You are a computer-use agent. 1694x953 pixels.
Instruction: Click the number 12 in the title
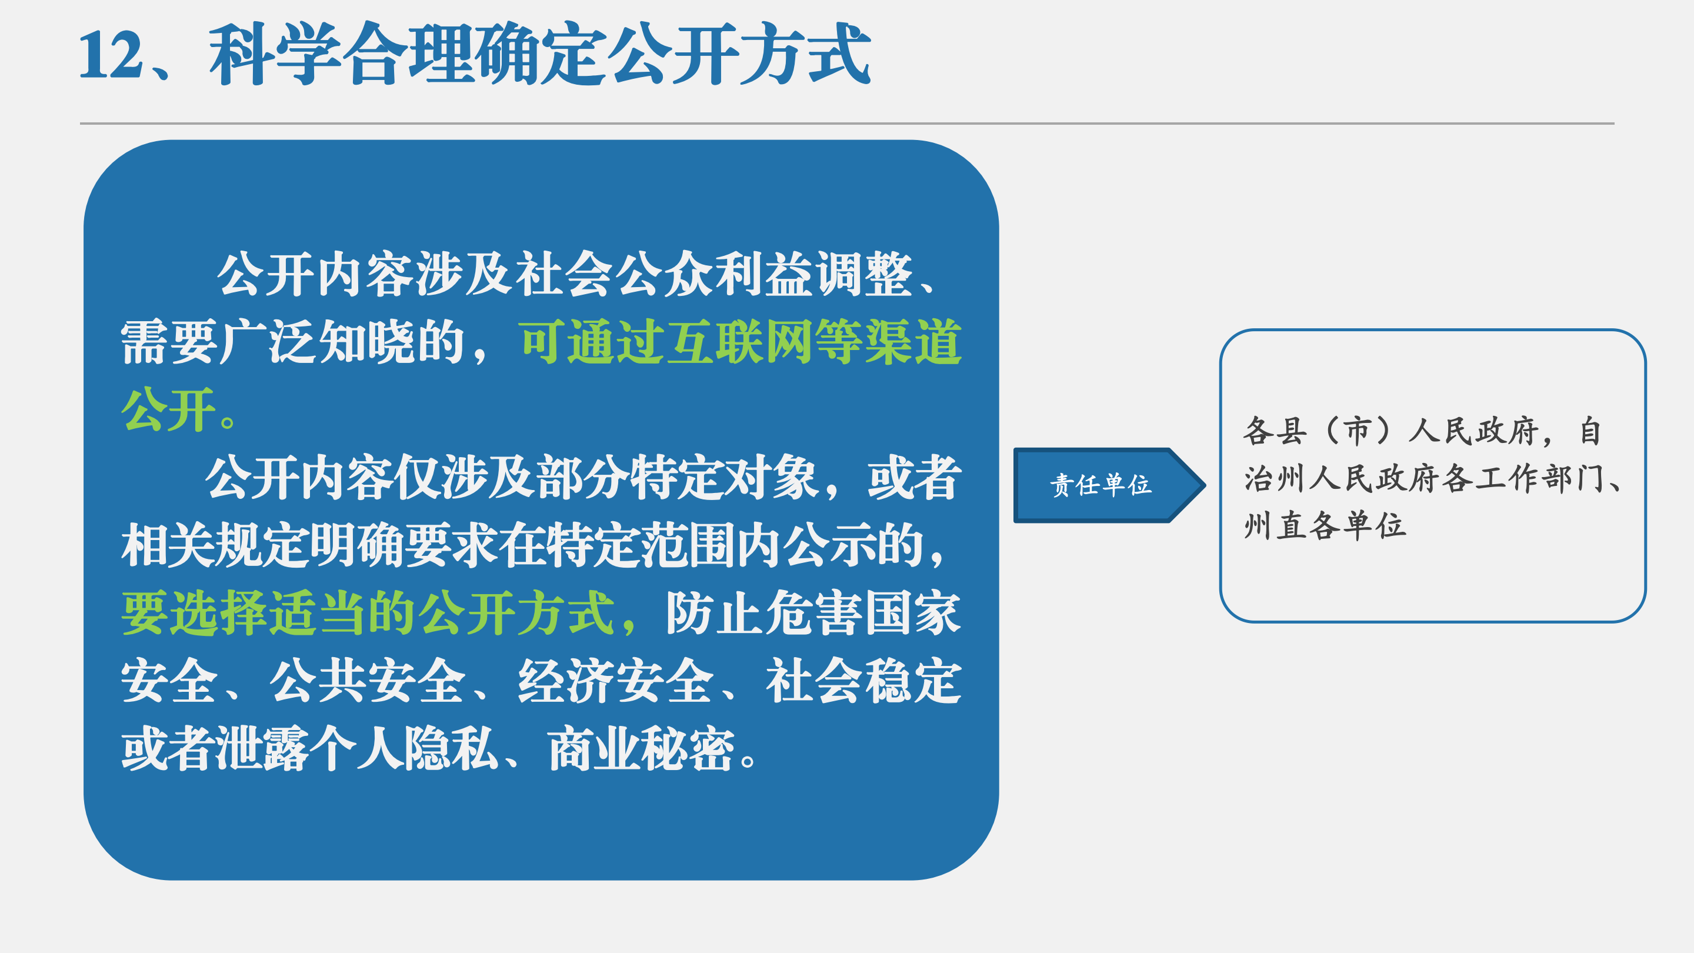click(111, 55)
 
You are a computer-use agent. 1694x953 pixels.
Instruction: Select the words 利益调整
click(813, 274)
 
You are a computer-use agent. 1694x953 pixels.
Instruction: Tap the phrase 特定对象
click(724, 478)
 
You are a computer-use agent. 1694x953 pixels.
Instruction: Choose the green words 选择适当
click(268, 613)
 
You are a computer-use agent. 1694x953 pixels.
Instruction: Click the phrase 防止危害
click(764, 613)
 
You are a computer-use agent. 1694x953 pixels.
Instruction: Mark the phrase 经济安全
click(615, 681)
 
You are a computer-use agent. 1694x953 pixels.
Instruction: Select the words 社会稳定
click(863, 681)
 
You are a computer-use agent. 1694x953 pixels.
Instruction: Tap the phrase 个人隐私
click(404, 748)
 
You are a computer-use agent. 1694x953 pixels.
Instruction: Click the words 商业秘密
click(641, 748)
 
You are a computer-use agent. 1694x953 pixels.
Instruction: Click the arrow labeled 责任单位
click(1109, 485)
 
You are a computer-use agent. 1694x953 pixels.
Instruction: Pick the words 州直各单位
click(1325, 526)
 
